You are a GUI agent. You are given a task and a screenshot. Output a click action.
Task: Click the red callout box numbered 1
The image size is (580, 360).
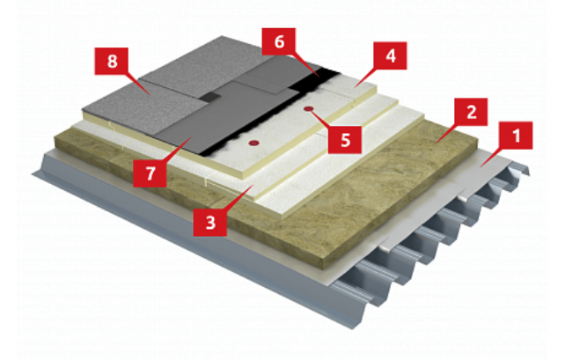(x=516, y=136)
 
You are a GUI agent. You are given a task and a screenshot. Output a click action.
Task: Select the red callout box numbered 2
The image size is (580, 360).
(x=471, y=112)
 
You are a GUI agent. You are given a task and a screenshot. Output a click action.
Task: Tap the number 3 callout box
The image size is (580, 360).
(x=210, y=223)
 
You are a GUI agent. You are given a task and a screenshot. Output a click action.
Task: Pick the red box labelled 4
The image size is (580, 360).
(x=390, y=55)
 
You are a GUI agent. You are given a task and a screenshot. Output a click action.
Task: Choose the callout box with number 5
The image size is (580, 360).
(x=345, y=140)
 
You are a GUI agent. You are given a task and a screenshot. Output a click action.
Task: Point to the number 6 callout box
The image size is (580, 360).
(x=279, y=41)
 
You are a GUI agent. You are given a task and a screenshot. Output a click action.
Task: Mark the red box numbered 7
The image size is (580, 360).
(x=150, y=173)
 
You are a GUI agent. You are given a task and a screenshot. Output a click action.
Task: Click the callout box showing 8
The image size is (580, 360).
(x=112, y=61)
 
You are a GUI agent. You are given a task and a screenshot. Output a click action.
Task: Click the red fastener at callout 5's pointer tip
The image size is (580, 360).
(x=308, y=109)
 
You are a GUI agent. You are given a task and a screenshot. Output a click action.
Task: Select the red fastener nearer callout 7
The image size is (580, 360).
(x=253, y=143)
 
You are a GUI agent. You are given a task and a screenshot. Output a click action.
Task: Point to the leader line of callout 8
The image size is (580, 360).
(x=136, y=83)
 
